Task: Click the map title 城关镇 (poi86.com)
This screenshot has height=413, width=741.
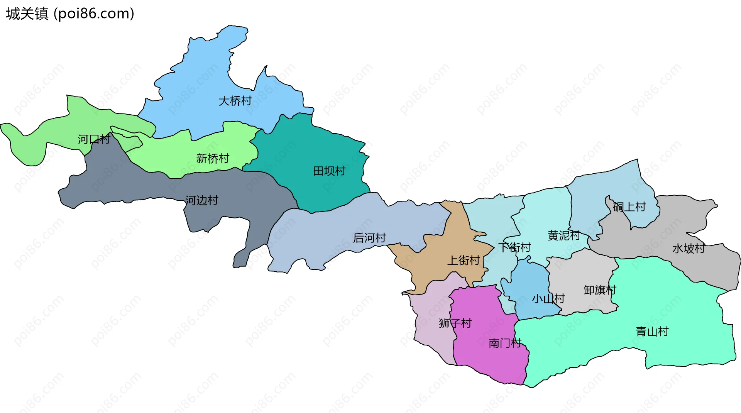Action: click(70, 14)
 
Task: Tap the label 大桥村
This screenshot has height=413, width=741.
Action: click(235, 101)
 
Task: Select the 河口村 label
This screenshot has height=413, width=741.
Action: click(94, 139)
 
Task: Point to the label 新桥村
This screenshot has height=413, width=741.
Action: click(212, 158)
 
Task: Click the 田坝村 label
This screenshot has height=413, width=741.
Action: click(329, 171)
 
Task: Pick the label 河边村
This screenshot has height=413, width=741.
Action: click(201, 200)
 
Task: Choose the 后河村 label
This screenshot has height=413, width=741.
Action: click(369, 238)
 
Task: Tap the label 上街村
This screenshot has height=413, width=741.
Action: click(463, 261)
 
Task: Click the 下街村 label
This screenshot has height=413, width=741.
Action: click(514, 247)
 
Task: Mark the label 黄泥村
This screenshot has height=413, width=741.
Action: click(564, 235)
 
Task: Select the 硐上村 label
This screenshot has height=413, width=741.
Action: click(629, 207)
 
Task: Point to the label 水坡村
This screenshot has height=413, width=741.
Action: click(689, 249)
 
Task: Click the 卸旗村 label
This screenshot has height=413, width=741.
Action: click(600, 290)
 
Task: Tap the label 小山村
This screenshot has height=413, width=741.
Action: click(548, 299)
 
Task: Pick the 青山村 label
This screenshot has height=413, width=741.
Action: click(652, 332)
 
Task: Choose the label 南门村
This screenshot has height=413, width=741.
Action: click(505, 343)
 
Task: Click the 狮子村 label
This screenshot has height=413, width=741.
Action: click(455, 323)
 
